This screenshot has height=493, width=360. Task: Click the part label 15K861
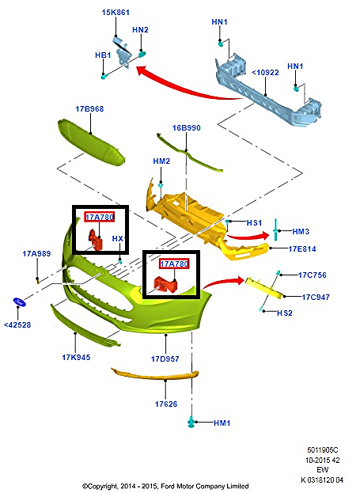coord(116,13)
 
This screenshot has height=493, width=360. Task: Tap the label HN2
coord(140,29)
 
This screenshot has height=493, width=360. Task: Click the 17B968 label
coord(90,108)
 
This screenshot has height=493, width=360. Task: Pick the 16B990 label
coord(186,127)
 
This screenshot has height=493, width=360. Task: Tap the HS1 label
coord(254,223)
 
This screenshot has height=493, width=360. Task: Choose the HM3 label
coord(300,231)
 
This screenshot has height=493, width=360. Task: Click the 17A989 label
coord(36,253)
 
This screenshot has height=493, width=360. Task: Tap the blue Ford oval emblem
coord(20,303)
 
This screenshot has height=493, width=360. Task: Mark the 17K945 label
coord(76,357)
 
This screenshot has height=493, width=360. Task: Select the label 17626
coord(167,404)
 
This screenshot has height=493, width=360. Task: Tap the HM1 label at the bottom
coord(222,423)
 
